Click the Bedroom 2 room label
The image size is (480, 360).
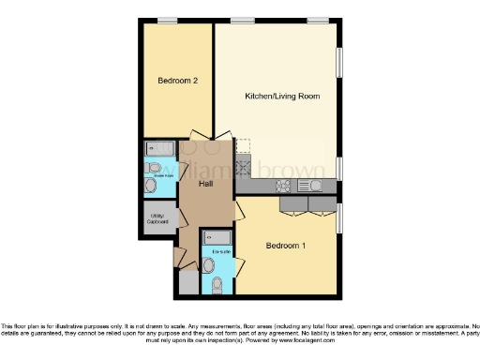tap(177, 82)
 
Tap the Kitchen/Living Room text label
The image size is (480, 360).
tap(277, 97)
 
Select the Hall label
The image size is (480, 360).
tap(205, 184)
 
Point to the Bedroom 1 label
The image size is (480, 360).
tap(286, 247)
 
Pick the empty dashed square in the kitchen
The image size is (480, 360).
tap(243, 146)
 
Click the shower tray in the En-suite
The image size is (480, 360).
tap(218, 238)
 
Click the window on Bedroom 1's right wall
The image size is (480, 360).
tap(339, 216)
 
